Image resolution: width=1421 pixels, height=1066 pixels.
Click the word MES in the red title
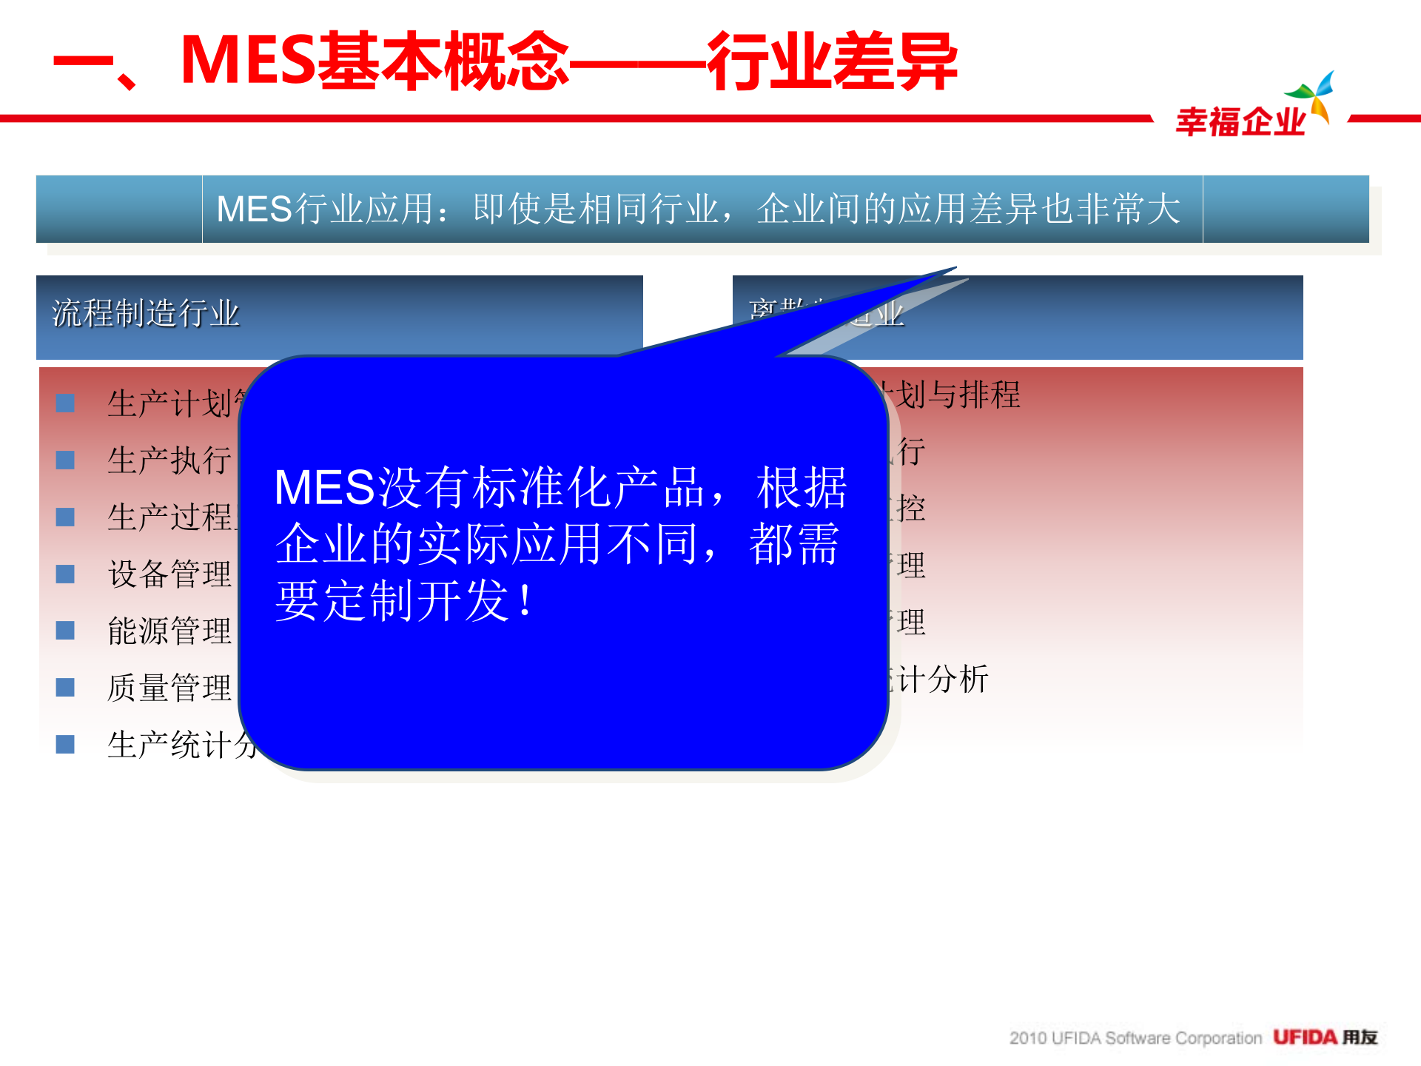click(x=248, y=61)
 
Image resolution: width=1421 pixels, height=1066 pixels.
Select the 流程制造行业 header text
click(x=146, y=313)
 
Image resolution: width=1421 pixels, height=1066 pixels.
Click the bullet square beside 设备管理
click(x=65, y=574)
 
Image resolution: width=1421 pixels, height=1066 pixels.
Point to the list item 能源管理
click(x=169, y=631)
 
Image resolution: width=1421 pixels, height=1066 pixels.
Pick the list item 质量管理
click(x=169, y=688)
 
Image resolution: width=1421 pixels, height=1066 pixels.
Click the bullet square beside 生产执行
click(x=65, y=460)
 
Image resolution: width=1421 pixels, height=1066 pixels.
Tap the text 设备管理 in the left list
click(x=169, y=574)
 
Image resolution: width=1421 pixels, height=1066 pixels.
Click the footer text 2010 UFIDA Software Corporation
click(x=1135, y=1038)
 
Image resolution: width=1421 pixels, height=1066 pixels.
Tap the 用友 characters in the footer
click(x=1360, y=1037)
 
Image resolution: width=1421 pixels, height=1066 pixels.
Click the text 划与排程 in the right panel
click(x=958, y=395)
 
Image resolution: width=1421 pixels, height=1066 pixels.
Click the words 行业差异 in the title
click(x=832, y=62)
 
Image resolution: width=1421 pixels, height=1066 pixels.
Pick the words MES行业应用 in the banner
click(x=324, y=209)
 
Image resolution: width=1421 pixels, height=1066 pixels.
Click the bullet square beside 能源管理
click(x=65, y=631)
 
